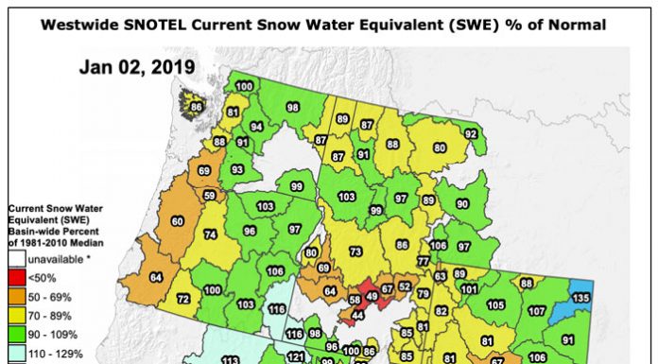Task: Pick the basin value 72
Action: (x=183, y=298)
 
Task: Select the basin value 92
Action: (x=470, y=134)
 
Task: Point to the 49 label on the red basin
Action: (x=372, y=296)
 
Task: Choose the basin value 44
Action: (x=357, y=313)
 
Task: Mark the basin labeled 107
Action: (x=537, y=311)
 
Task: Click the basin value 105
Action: (x=495, y=304)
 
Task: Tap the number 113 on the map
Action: (x=229, y=360)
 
